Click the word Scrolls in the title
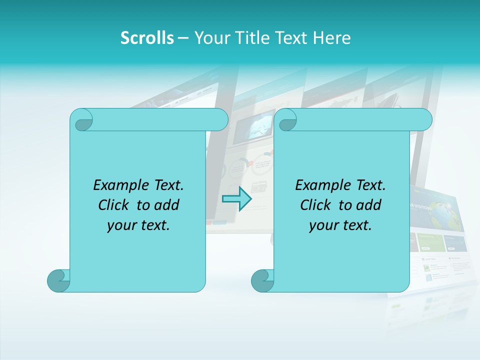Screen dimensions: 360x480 click(147, 38)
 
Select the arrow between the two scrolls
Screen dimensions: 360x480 click(236, 199)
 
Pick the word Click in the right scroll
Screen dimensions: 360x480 click(315, 205)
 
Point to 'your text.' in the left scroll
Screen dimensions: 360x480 click(138, 225)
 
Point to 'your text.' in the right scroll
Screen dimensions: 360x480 click(340, 225)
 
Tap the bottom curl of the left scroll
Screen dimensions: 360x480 click(57, 280)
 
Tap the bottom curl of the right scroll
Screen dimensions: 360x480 click(261, 280)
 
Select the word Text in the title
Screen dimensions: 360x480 click(291, 38)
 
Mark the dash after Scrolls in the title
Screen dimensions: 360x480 click(183, 38)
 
